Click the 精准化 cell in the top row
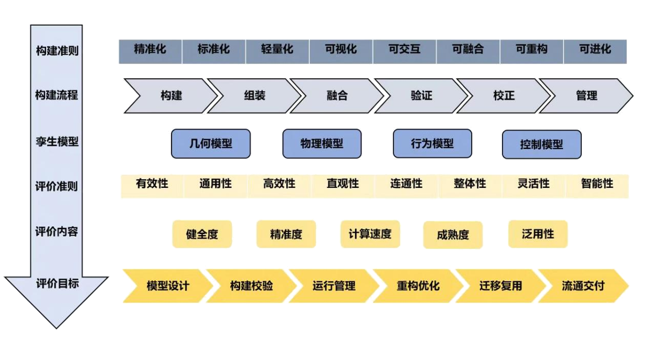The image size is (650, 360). (x=151, y=50)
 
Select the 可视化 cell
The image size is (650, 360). (x=341, y=50)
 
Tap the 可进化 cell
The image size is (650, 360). (x=595, y=50)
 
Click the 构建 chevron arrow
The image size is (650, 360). (x=171, y=96)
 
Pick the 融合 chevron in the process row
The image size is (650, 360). (x=337, y=96)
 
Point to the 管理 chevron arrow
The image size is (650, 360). (x=587, y=96)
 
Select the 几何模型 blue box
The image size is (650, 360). (x=210, y=144)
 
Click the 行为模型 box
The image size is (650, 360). (x=432, y=144)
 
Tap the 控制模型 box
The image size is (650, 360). (x=542, y=144)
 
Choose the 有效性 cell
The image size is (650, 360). (x=152, y=185)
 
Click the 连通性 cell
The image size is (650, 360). (x=407, y=185)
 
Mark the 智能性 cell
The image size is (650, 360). (x=597, y=185)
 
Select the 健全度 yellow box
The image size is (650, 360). (x=202, y=235)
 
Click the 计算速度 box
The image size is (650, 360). (x=370, y=234)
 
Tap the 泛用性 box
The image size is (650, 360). (x=538, y=234)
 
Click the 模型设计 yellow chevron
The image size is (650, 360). (x=168, y=286)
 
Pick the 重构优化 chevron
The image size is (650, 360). (x=418, y=286)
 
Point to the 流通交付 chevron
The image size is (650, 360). (x=583, y=286)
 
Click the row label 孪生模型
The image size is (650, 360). (x=57, y=142)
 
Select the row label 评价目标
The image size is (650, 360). (x=57, y=284)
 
